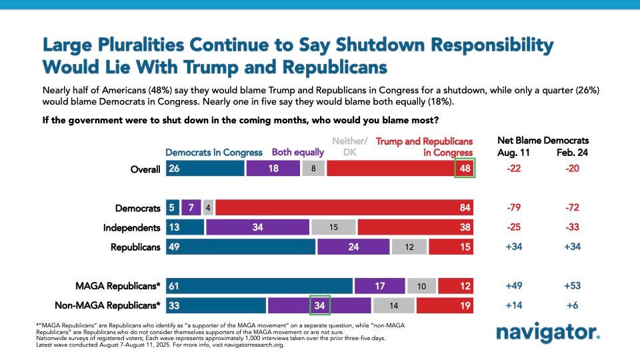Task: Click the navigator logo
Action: pyautogui.click(x=548, y=332)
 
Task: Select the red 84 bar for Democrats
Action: pyautogui.click(x=344, y=208)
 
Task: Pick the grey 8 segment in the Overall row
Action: pyautogui.click(x=313, y=169)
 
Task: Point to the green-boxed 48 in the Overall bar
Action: pyautogui.click(x=465, y=169)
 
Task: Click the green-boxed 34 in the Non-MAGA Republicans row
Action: pyautogui.click(x=319, y=306)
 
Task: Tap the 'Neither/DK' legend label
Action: pyautogui.click(x=350, y=146)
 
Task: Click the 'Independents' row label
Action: pyautogui.click(x=132, y=228)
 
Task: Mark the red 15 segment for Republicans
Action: pyautogui.click(x=451, y=247)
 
